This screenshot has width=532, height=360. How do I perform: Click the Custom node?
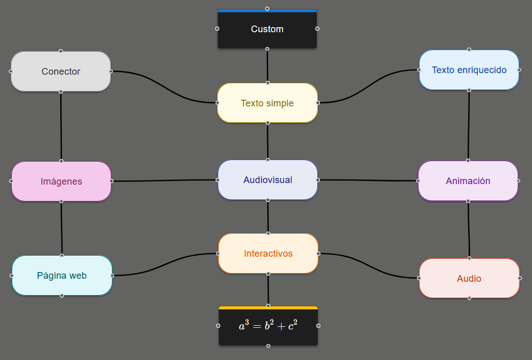point(267,30)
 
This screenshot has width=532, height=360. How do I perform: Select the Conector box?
point(61,72)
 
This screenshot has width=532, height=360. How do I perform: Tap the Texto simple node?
point(267,103)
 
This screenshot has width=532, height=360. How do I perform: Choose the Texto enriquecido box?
point(469,70)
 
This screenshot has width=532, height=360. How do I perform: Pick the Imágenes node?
point(61,182)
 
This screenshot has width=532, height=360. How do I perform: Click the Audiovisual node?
point(268,180)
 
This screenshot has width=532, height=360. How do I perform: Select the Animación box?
point(468,181)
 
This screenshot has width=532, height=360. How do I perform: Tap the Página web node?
point(62,276)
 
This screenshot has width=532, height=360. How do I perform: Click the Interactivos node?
point(268,254)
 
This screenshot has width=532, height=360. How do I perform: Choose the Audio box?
point(469,279)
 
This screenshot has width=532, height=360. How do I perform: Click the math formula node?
point(268,326)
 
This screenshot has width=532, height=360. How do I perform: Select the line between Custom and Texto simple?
point(267,66)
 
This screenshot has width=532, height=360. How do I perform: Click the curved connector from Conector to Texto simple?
point(164,87)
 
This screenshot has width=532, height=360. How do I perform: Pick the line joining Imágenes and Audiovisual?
point(164,181)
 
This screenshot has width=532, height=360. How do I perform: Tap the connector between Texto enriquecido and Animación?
point(469,125)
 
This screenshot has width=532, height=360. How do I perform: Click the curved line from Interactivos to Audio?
point(368,265)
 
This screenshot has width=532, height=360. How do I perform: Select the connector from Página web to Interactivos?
point(165,265)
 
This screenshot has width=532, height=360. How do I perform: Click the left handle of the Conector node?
point(11,72)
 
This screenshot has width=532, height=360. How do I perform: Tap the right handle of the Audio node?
point(520,278)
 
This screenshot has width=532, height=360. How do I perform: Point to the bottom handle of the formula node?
point(268,346)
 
